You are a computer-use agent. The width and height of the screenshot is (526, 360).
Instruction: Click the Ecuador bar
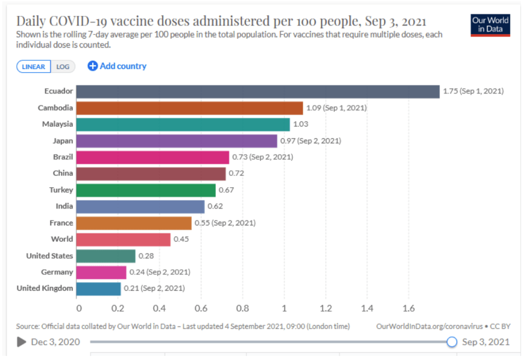pos(257,92)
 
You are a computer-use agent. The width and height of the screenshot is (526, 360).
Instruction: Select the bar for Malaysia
pos(183,124)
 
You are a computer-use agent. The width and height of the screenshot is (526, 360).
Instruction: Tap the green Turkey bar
pos(146,190)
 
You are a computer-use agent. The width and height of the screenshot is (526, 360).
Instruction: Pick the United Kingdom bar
pos(98,289)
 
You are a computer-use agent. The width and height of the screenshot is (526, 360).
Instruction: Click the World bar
pos(123,240)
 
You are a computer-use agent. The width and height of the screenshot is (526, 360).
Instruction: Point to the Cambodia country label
pos(56,108)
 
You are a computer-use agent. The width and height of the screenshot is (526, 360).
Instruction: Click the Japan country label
pos(63,141)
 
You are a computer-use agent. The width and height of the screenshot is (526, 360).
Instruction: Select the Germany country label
pos(57,272)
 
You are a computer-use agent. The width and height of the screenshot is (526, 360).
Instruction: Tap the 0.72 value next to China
pos(237,173)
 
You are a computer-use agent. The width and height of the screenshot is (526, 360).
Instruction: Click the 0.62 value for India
pos(215,206)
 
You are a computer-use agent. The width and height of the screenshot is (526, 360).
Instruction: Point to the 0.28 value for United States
pos(146,256)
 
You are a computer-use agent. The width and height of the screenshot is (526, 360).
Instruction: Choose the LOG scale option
pos(63,66)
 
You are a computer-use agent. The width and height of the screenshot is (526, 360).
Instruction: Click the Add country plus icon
pos(93,66)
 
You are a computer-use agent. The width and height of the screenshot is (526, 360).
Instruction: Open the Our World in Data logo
pos(491,25)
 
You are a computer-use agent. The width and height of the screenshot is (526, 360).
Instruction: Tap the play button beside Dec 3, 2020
pos(22,342)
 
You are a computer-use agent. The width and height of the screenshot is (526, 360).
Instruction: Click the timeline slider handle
pos(451,342)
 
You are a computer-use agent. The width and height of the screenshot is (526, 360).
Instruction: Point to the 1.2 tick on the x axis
pos(325,309)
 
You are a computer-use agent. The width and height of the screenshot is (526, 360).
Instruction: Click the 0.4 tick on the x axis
pos(160,309)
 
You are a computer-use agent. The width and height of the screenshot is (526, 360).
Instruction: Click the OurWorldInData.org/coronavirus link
pos(429,327)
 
